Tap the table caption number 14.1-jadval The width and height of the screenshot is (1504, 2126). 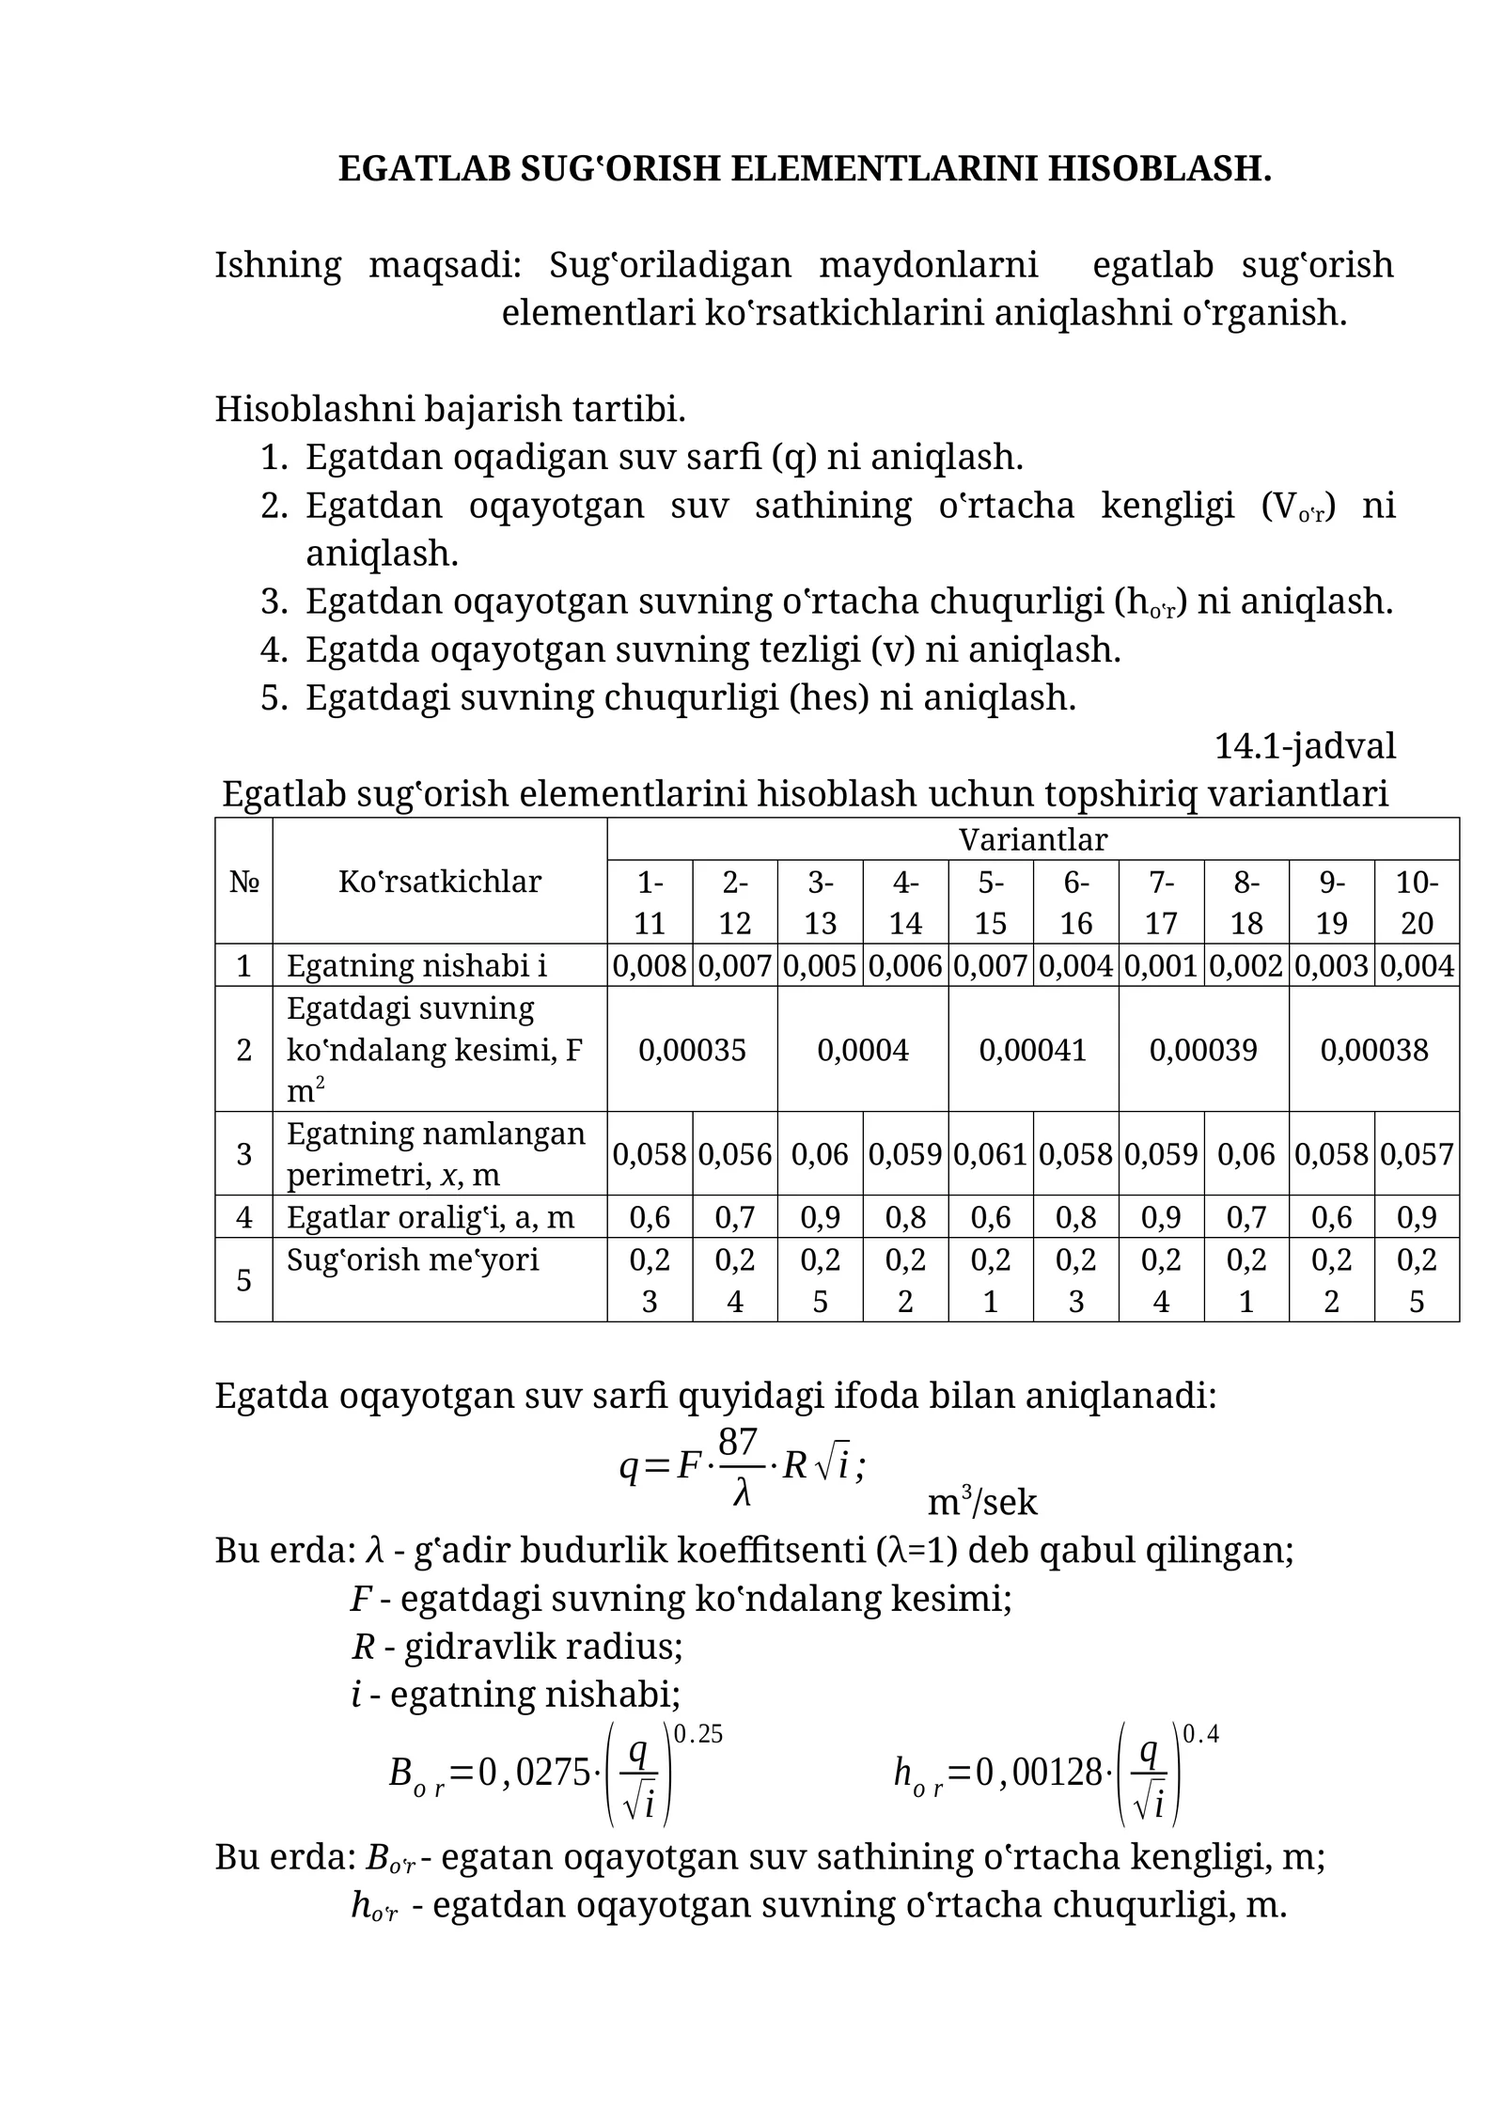pos(1305,746)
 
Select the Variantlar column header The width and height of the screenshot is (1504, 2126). pos(1032,839)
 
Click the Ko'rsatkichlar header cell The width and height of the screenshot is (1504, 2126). pos(439,882)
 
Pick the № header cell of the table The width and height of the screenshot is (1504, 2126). pos(243,882)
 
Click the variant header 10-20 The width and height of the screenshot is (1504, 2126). pos(1416,902)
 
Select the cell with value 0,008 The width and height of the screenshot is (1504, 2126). pos(650,965)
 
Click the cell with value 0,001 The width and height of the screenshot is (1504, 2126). pos(1161,965)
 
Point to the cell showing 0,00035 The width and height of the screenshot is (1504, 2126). pos(692,1049)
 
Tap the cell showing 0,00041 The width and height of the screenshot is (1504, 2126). pos(1032,1049)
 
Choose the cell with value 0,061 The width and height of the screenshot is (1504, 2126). pos(990,1153)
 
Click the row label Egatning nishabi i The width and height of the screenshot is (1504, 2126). pos(416,965)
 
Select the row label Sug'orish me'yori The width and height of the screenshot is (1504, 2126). pos(413,1258)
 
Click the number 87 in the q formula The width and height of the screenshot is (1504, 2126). pos(737,1440)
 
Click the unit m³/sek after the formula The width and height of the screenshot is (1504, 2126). pos(982,1503)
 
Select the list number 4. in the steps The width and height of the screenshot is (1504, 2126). pos(274,649)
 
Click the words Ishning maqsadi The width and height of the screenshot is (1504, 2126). pos(368,265)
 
